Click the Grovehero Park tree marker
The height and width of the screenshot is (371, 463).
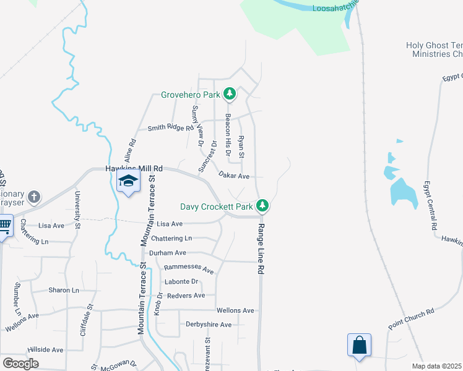(x=230, y=95)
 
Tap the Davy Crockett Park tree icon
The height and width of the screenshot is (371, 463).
(x=263, y=205)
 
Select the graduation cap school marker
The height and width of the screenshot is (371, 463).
(x=128, y=181)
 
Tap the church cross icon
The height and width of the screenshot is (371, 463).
(x=34, y=197)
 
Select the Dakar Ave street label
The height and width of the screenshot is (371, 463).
(x=234, y=176)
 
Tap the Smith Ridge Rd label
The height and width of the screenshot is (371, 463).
(x=170, y=128)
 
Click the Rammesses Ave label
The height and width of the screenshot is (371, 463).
(x=188, y=270)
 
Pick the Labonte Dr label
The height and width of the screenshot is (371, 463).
(x=181, y=282)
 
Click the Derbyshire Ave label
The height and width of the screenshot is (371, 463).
(x=209, y=324)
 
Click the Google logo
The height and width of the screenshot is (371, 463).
(x=20, y=364)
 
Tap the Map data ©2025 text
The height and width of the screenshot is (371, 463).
(x=436, y=366)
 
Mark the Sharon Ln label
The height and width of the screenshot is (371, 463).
(x=64, y=290)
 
